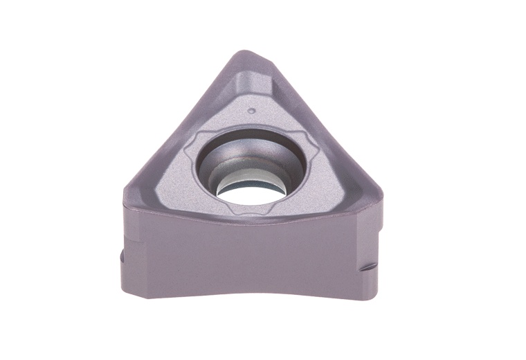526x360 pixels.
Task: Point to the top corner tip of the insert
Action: pos(243,53)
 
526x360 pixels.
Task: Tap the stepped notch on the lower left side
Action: pos(119,260)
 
